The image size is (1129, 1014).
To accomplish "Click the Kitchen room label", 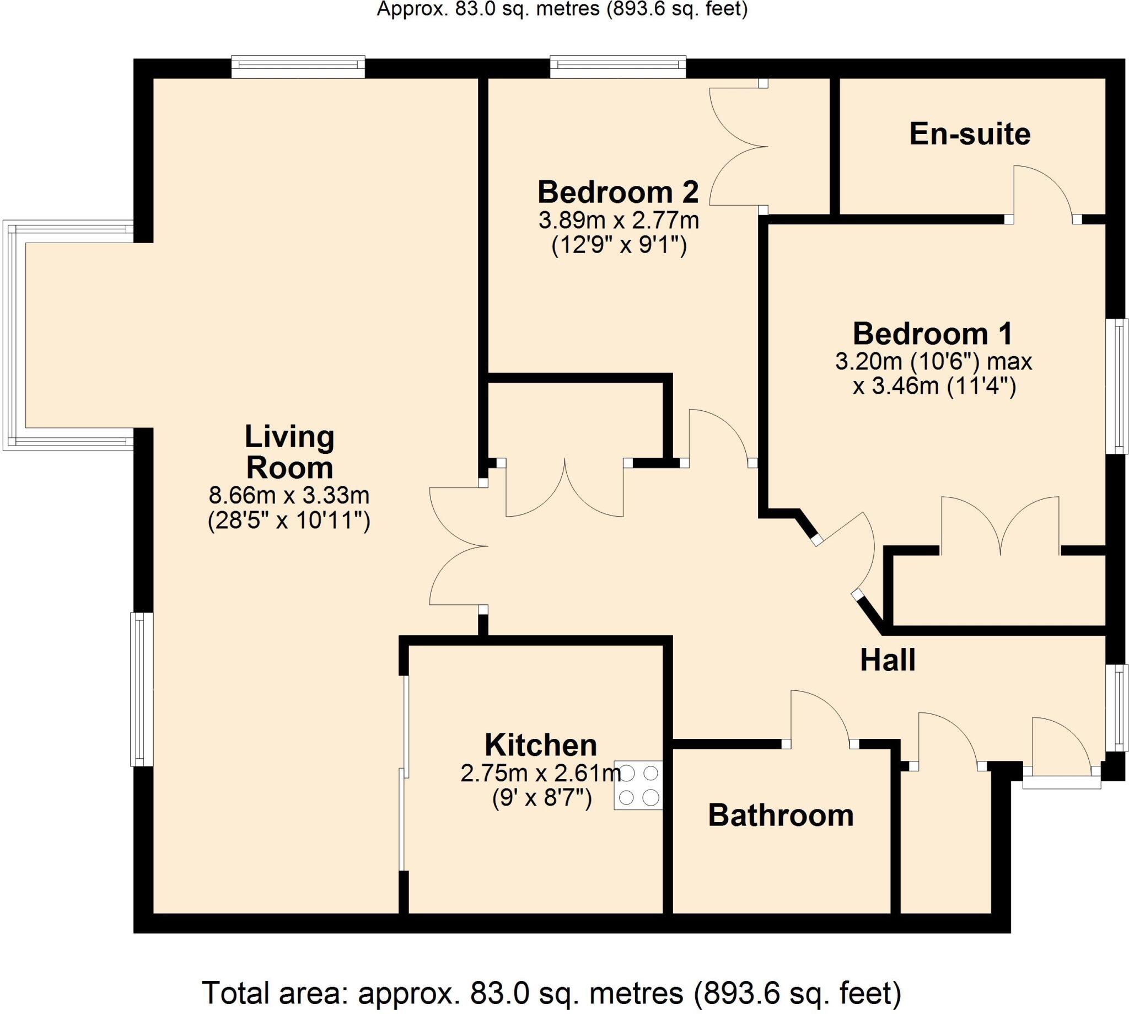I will pyautogui.click(x=540, y=745).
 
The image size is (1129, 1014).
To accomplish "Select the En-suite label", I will pyautogui.click(x=969, y=135).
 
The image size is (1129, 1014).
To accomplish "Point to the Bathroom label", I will pyautogui.click(x=781, y=816).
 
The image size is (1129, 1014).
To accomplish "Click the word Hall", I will pyautogui.click(x=888, y=661).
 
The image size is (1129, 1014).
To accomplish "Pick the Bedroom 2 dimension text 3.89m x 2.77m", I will pyautogui.click(x=618, y=221).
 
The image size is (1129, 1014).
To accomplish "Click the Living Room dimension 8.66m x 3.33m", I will pyautogui.click(x=289, y=494).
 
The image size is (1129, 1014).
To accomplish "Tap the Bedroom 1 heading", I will pyautogui.click(x=932, y=334).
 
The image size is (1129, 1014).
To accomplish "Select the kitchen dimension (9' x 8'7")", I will pyautogui.click(x=541, y=800).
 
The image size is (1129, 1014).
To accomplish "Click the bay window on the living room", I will pyautogui.click(x=14, y=335).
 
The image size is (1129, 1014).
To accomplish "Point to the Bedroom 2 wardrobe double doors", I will pyautogui.click(x=738, y=147).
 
